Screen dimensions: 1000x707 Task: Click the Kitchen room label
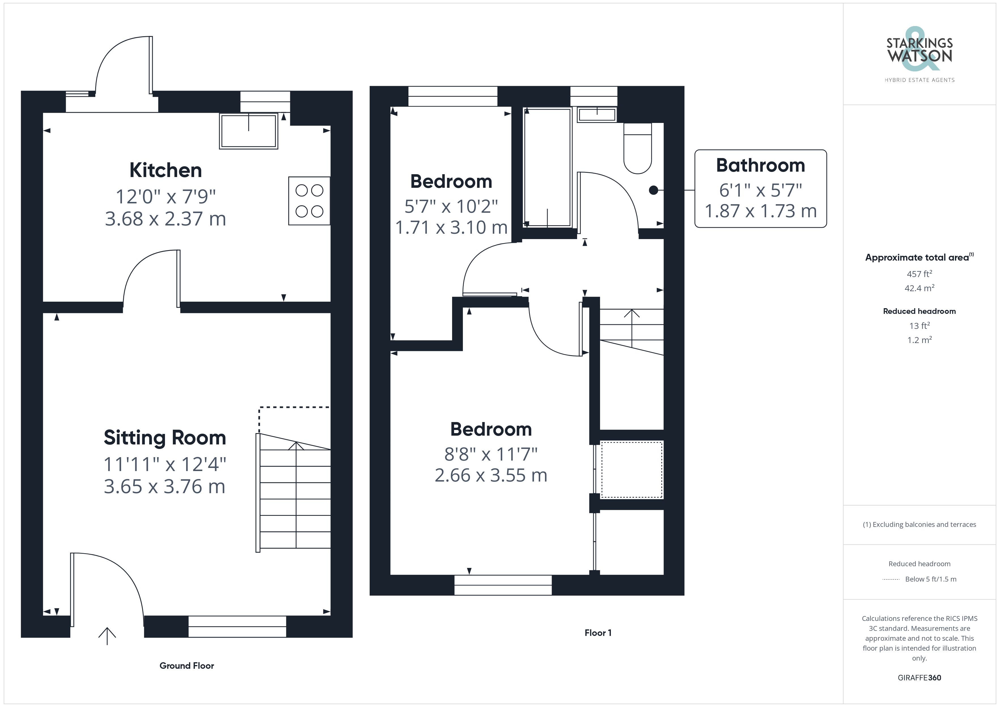point(166,170)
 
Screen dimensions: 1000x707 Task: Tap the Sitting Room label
point(165,438)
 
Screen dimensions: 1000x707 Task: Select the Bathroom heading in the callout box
point(760,165)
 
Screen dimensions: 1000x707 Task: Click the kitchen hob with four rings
point(309,201)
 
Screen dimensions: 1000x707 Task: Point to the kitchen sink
point(249,131)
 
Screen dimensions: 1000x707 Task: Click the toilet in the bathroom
point(638,148)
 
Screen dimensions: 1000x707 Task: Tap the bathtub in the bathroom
point(547,168)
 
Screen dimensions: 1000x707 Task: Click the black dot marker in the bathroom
point(653,190)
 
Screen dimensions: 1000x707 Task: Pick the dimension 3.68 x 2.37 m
point(166,219)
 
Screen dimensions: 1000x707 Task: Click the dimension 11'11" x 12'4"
point(165,464)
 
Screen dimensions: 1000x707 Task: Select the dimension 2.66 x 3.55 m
point(491,475)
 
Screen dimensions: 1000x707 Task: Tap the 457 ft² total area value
point(920,274)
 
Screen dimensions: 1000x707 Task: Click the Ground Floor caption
point(187,666)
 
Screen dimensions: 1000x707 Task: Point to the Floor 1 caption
point(598,633)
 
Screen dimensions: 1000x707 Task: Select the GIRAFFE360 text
point(920,678)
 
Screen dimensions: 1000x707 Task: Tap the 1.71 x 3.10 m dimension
point(451,227)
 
